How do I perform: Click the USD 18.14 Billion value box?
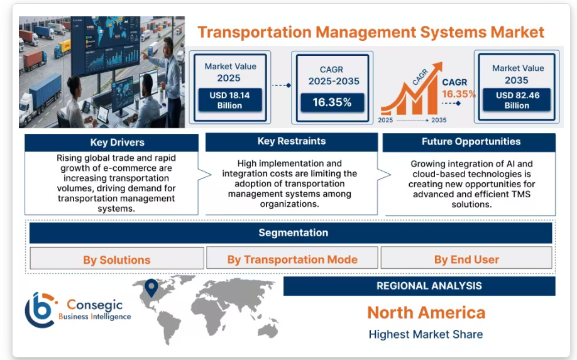[229, 100]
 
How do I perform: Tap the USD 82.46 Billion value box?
[517, 100]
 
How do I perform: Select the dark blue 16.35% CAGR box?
[332, 102]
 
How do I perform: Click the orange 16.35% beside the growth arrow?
[458, 94]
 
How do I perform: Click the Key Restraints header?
[291, 141]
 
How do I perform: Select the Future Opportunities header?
[471, 142]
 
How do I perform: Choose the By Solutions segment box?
[117, 259]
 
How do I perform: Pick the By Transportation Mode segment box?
[292, 259]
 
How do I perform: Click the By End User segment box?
[466, 259]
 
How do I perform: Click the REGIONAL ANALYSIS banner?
[429, 286]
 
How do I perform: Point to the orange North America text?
[426, 312]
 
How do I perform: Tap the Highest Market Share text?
[426, 334]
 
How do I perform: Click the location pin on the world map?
[150, 287]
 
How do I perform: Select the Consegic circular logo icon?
[40, 310]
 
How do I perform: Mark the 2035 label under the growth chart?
[439, 120]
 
